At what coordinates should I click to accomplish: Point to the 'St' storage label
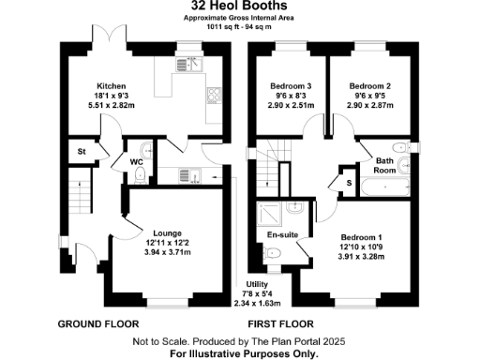pyautogui.click(x=82, y=151)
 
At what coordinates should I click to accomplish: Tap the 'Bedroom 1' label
pyautogui.click(x=361, y=238)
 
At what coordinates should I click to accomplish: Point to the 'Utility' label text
pyautogui.click(x=256, y=284)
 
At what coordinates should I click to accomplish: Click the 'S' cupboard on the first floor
pyautogui.click(x=349, y=182)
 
